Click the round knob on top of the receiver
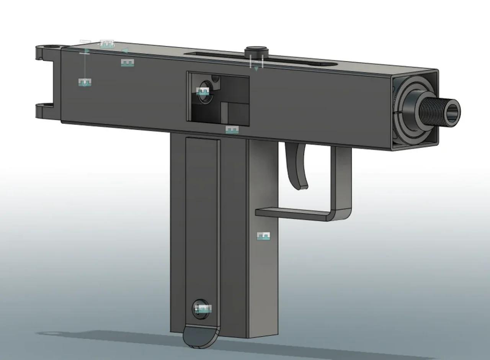(x=256, y=51)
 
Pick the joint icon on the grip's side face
(x=263, y=236)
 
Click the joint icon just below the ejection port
(x=232, y=130)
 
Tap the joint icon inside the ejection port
(x=203, y=92)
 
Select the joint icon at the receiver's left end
(x=85, y=82)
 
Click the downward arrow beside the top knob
(x=256, y=68)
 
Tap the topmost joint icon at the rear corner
(x=107, y=44)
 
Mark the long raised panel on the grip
(x=202, y=230)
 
